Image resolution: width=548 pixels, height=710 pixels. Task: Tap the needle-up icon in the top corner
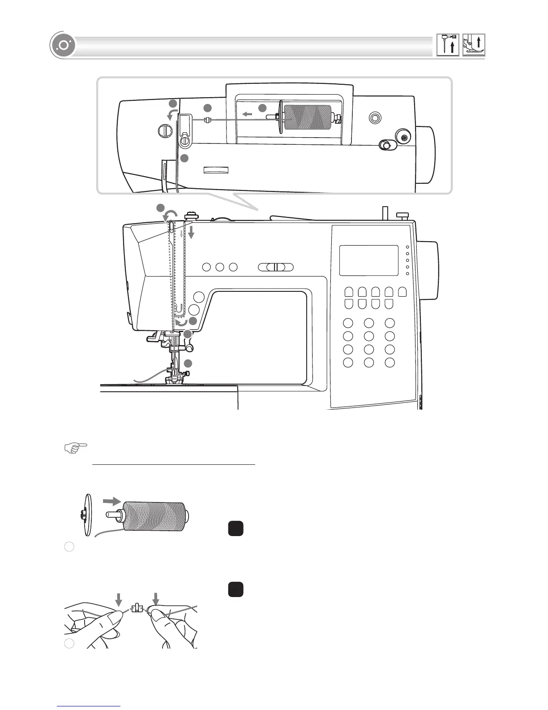(x=448, y=45)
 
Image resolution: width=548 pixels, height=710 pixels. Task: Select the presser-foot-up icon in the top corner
(x=474, y=45)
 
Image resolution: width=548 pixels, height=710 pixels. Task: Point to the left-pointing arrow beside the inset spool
(x=247, y=115)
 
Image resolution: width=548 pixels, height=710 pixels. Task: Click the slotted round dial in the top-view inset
(x=165, y=131)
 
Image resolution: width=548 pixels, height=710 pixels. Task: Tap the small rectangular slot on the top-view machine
(x=216, y=170)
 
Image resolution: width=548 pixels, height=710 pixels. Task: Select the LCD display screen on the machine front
(x=369, y=260)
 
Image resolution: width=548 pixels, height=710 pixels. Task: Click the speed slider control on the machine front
(x=276, y=267)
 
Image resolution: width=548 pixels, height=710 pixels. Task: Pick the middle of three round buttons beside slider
(x=219, y=267)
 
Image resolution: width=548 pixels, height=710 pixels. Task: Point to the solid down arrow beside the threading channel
(x=191, y=232)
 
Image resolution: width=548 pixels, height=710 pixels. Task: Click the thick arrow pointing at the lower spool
(x=111, y=500)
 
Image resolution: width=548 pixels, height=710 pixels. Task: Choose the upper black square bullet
(x=235, y=528)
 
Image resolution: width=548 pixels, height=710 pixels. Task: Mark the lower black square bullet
(x=235, y=589)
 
